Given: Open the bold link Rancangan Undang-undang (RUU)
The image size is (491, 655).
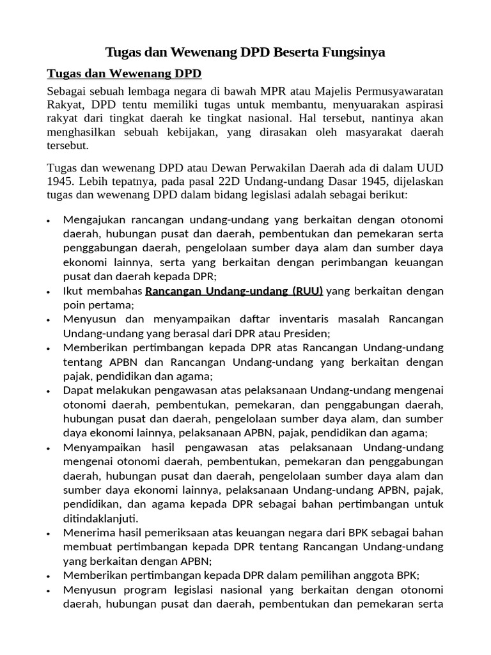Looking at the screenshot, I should [x=235, y=292].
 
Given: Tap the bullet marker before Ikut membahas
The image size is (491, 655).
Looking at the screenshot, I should [x=49, y=292].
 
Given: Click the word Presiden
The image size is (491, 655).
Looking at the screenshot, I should [x=308, y=333].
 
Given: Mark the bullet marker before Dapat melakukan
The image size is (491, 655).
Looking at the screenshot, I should [x=49, y=391].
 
